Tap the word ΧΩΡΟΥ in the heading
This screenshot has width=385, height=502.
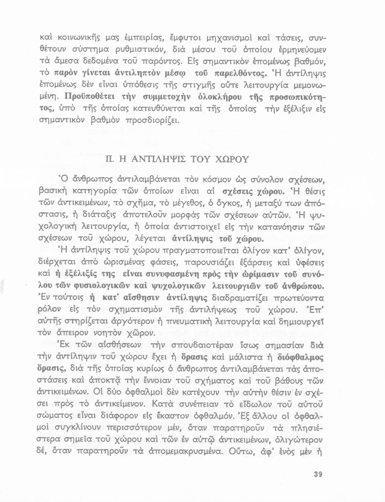232,159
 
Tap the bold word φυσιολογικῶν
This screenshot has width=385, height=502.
98,287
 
